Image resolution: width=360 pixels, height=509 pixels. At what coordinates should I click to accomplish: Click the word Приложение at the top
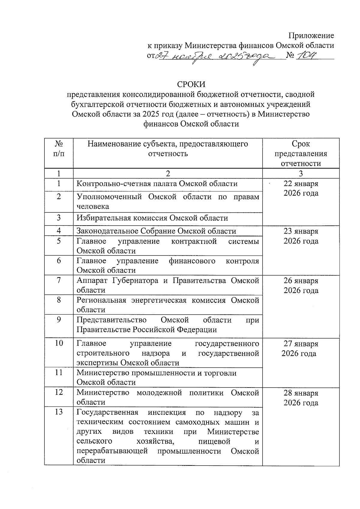[x=311, y=36]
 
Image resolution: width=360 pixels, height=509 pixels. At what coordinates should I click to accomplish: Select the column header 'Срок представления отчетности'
[x=301, y=154]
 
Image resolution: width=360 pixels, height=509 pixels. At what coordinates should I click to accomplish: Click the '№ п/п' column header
[x=59, y=149]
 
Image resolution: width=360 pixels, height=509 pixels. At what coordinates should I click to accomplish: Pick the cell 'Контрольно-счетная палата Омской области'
[x=157, y=184]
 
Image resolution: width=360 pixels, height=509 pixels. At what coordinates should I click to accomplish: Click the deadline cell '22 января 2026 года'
[x=301, y=188]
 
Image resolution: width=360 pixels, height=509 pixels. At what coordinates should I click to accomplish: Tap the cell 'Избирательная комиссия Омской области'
[x=152, y=218]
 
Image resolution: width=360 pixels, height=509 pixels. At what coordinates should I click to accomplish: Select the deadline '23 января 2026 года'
[x=301, y=236]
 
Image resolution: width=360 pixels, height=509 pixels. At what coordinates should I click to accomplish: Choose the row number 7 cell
[x=59, y=281]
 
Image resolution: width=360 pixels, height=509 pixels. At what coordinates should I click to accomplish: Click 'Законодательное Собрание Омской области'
[x=156, y=231]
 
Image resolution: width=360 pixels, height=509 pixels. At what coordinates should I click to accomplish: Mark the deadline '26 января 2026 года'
[x=301, y=286]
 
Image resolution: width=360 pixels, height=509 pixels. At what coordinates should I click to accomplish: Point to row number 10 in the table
[x=59, y=343]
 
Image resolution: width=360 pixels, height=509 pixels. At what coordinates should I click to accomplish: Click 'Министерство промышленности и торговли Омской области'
[x=156, y=378]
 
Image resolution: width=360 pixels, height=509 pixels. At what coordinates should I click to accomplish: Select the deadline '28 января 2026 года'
[x=301, y=398]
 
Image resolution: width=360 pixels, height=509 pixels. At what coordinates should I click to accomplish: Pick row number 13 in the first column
[x=59, y=412]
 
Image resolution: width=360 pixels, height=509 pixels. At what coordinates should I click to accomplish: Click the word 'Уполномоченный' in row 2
[x=109, y=197]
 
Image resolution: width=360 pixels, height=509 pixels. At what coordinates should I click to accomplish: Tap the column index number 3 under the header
[x=301, y=173]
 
